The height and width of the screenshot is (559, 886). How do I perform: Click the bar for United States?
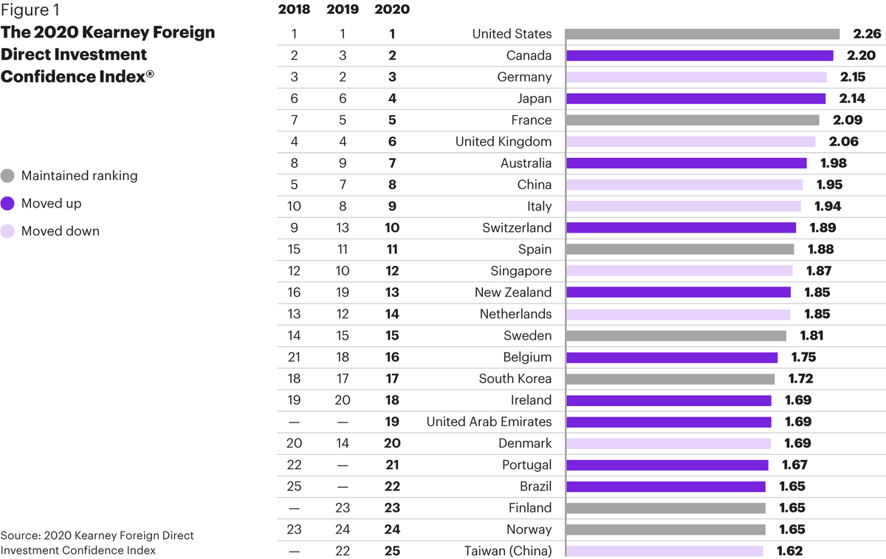click(x=702, y=34)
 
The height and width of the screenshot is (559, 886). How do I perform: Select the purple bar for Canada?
click(x=699, y=55)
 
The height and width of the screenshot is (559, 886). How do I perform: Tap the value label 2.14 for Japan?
click(x=847, y=98)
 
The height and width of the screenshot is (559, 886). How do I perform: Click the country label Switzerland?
click(x=517, y=227)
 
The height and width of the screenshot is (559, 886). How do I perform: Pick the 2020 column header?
click(x=392, y=10)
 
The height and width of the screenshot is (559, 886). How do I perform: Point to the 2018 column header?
click(x=294, y=10)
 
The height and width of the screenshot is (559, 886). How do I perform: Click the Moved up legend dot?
click(x=7, y=204)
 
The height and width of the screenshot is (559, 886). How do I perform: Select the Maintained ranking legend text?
click(x=79, y=176)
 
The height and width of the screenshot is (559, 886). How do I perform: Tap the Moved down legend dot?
click(x=7, y=231)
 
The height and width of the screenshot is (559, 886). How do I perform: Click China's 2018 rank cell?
click(x=294, y=185)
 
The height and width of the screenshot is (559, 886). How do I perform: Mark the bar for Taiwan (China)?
click(x=664, y=551)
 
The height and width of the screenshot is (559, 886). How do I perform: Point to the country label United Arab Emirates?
click(x=489, y=422)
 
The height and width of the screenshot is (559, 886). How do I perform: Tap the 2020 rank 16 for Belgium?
click(x=392, y=357)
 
